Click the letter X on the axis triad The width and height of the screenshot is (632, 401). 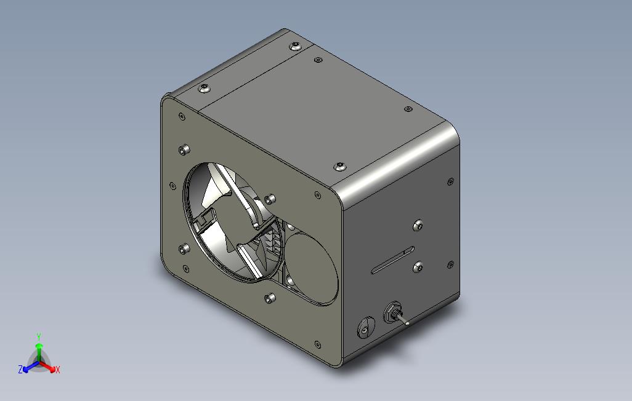point(58,370)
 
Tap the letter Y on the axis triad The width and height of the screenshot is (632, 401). point(39,336)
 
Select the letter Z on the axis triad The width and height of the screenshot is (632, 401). point(20,369)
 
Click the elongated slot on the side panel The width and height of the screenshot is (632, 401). point(392,260)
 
